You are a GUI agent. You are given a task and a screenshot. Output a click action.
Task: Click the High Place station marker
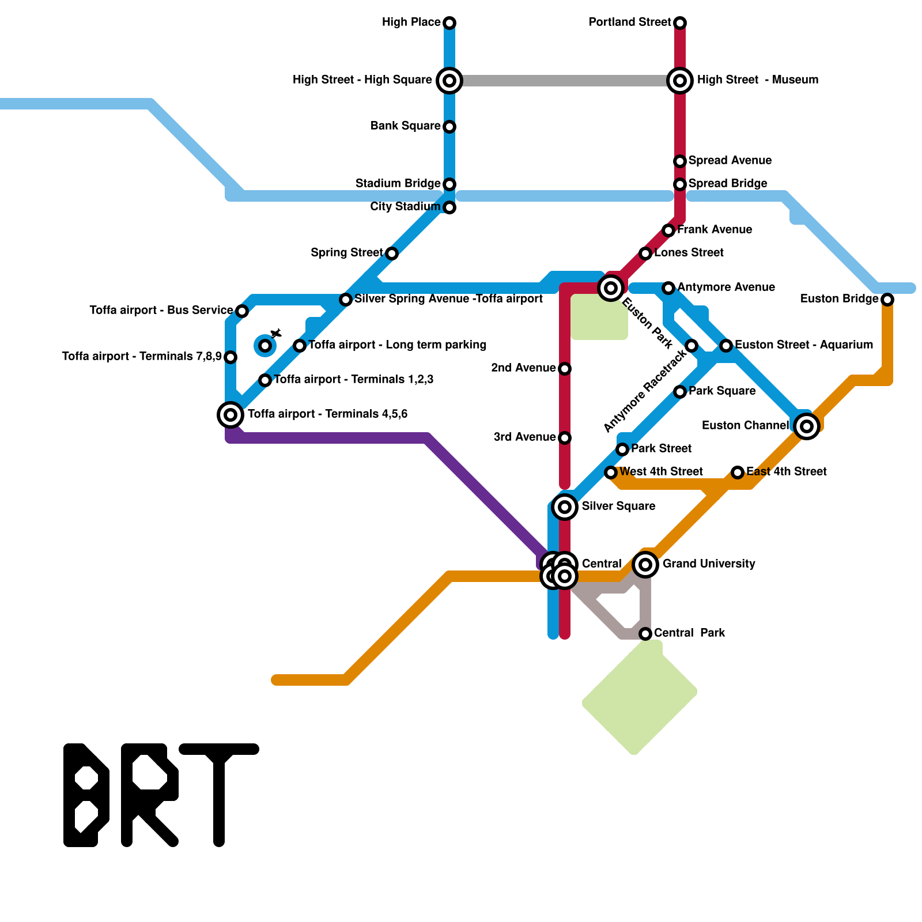pyautogui.click(x=449, y=23)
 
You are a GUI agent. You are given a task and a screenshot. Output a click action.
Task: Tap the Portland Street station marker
pyautogui.click(x=680, y=23)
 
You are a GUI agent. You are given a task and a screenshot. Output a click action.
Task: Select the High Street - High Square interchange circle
pyautogui.click(x=449, y=81)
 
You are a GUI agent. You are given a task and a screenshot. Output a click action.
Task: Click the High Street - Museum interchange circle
pyautogui.click(x=680, y=81)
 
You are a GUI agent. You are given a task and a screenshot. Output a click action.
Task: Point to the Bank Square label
pyautogui.click(x=405, y=126)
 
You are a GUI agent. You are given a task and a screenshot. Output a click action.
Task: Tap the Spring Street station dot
pyautogui.click(x=392, y=254)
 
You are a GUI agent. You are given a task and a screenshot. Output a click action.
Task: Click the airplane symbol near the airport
pyautogui.click(x=277, y=334)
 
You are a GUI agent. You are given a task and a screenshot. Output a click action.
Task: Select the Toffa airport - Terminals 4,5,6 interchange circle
pyautogui.click(x=231, y=414)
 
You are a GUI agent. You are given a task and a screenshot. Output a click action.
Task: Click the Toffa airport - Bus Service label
pyautogui.click(x=161, y=311)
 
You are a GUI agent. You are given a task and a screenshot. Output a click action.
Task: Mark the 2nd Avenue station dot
pyautogui.click(x=565, y=369)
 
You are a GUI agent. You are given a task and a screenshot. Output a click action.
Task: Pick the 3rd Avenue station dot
pyautogui.click(x=565, y=438)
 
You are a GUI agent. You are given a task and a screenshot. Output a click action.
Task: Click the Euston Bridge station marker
pyautogui.click(x=887, y=300)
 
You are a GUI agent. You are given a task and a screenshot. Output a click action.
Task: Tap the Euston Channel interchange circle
pyautogui.click(x=807, y=426)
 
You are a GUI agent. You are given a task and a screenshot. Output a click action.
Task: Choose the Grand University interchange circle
pyautogui.click(x=645, y=565)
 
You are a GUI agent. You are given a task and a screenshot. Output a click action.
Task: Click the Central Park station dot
pyautogui.click(x=645, y=634)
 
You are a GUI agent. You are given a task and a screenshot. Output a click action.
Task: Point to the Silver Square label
pyautogui.click(x=618, y=507)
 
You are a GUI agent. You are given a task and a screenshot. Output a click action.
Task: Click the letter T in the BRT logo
pyautogui.click(x=219, y=795)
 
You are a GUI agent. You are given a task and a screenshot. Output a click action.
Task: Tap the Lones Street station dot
pyautogui.click(x=645, y=254)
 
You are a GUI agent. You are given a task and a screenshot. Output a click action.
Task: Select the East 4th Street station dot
pyautogui.click(x=738, y=473)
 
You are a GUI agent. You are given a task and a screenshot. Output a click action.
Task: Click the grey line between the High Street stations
pyautogui.click(x=565, y=81)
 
